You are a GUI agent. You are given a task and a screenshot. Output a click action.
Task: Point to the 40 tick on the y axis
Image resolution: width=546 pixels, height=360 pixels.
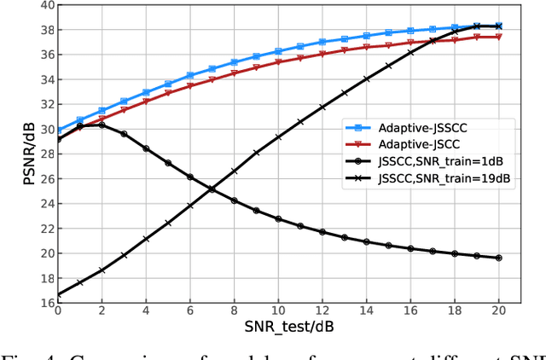click(43, 5)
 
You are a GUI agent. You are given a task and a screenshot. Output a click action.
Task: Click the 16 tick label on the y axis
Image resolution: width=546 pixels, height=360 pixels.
click(43, 303)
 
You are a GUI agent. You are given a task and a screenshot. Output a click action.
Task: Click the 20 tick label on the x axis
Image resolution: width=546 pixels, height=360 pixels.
click(498, 312)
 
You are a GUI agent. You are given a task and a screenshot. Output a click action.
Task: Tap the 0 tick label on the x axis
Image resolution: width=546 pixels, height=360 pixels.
click(58, 312)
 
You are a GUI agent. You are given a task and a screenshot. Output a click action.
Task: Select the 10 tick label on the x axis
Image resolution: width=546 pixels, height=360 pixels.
click(278, 312)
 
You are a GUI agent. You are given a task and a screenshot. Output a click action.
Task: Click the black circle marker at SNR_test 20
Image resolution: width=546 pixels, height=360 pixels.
click(498, 258)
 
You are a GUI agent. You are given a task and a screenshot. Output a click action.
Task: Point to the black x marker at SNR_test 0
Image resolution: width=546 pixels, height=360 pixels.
click(58, 294)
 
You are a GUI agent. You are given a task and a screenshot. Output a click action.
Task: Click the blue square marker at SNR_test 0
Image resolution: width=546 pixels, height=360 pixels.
click(58, 131)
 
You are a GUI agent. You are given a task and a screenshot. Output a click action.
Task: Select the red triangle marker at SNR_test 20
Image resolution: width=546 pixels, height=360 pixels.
click(498, 37)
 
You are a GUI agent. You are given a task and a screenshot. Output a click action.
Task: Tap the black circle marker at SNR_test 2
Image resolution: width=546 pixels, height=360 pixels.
click(102, 125)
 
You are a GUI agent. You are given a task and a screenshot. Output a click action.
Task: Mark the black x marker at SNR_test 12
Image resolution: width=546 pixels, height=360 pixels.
click(322, 107)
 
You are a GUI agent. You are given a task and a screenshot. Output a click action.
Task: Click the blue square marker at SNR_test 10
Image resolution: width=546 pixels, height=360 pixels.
click(278, 51)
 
